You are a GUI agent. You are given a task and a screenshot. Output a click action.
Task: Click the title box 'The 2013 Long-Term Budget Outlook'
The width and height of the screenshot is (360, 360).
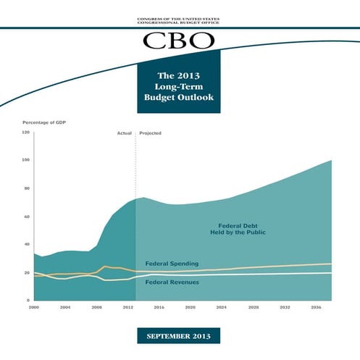tap(180, 86)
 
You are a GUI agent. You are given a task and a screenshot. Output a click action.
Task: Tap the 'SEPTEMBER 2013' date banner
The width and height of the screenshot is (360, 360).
tap(180, 337)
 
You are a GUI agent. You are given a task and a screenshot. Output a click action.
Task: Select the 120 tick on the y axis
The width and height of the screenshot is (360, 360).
tap(26, 133)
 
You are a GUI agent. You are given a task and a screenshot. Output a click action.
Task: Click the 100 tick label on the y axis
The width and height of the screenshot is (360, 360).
tap(26, 160)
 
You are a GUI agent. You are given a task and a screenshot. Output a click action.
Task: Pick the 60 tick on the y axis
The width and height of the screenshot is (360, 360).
tap(27, 217)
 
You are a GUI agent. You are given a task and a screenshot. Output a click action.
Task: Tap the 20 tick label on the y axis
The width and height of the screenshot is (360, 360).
tap(27, 272)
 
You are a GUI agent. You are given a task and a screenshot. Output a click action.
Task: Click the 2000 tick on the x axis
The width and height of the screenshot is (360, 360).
tap(33, 307)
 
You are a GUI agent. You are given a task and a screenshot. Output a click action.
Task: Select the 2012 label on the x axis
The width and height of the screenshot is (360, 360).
tap(127, 307)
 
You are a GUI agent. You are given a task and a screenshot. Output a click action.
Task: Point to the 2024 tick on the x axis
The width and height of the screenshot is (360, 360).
tap(222, 307)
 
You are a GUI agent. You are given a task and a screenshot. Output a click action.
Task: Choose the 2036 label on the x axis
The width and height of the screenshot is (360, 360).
tap(316, 307)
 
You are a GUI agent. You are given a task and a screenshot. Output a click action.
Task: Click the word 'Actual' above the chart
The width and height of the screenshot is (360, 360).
tap(124, 134)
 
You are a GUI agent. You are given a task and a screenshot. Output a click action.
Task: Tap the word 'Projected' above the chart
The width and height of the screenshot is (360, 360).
tap(150, 134)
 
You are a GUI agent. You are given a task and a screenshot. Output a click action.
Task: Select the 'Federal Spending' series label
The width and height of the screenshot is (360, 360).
tap(172, 263)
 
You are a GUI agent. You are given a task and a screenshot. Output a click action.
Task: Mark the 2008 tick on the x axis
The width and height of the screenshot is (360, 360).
tap(96, 307)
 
